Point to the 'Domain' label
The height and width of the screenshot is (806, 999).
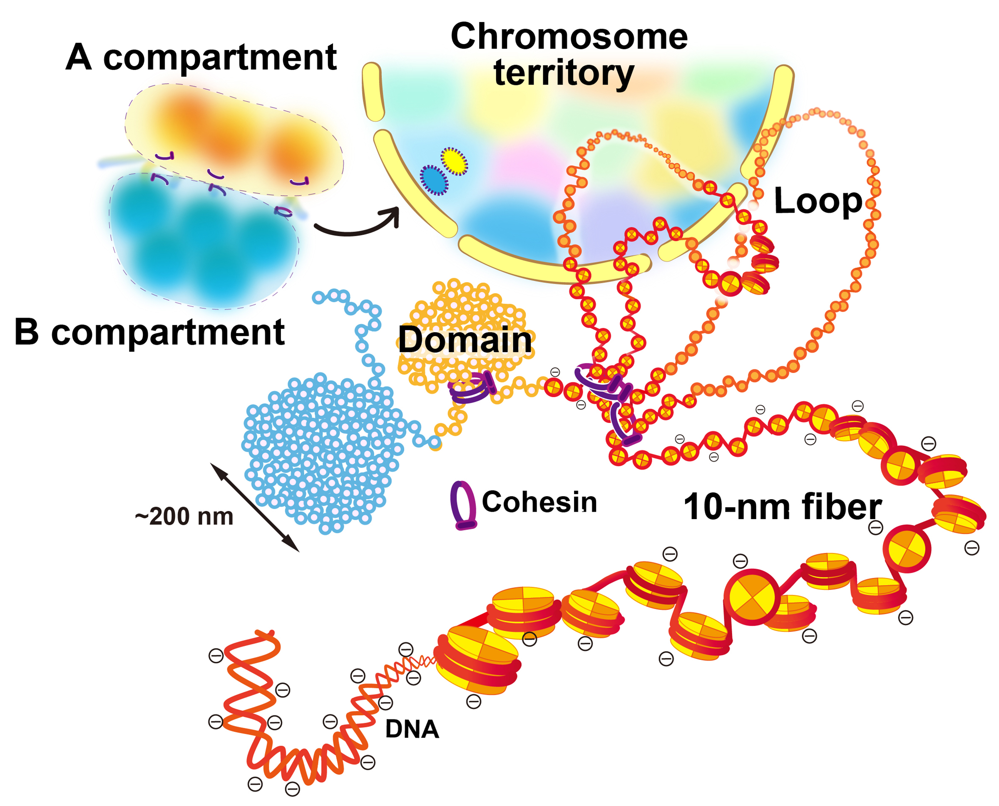coord(465,340)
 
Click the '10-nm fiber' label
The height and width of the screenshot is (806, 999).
coord(782,507)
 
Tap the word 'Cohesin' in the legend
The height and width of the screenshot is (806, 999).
coord(539,502)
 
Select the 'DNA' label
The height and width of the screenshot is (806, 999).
coord(412,729)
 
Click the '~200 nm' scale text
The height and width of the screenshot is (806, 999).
coord(184,516)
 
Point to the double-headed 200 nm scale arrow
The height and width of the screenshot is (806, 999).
coord(254,507)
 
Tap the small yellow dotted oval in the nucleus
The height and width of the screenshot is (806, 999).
coord(454,161)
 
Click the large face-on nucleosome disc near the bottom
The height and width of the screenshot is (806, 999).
coord(752,597)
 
